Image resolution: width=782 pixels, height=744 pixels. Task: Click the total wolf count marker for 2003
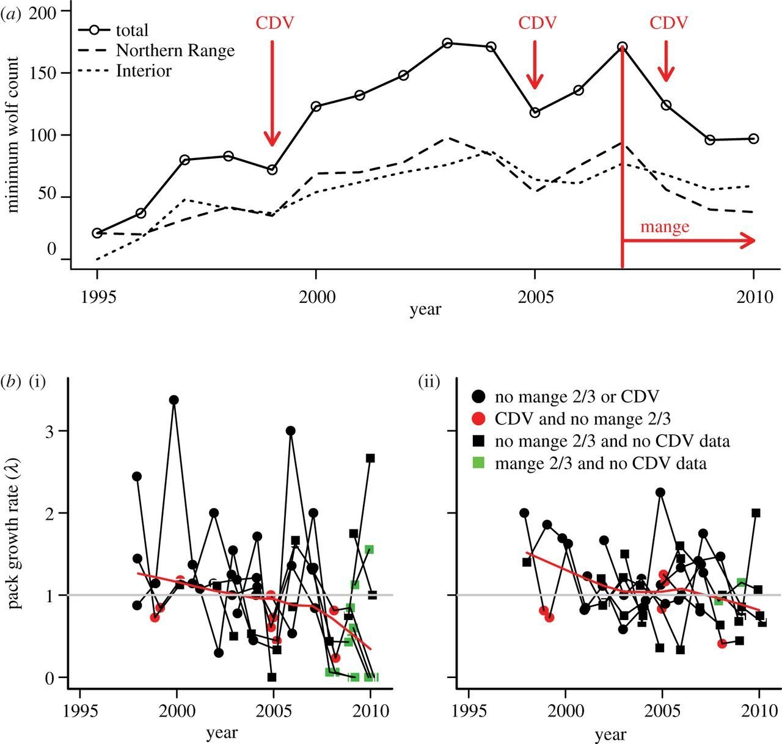(x=447, y=43)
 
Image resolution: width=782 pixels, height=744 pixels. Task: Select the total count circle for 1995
(x=97, y=233)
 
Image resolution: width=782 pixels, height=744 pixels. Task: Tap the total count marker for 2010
(x=754, y=139)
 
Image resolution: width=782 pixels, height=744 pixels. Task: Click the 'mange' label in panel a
(x=665, y=227)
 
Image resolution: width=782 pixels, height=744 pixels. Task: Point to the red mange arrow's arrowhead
(x=749, y=241)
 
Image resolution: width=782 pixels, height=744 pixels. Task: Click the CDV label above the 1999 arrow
(x=274, y=23)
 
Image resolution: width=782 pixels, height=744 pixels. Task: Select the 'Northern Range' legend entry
(x=175, y=51)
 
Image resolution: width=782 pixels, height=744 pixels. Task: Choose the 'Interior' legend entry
(x=144, y=71)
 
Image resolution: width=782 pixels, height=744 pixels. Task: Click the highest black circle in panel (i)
(x=174, y=400)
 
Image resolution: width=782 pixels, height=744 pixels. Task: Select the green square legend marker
(x=479, y=463)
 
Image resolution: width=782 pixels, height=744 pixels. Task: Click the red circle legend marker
(x=479, y=419)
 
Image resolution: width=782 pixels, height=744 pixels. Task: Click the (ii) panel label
(x=428, y=383)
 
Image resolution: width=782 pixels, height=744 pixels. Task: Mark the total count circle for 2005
(x=535, y=112)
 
